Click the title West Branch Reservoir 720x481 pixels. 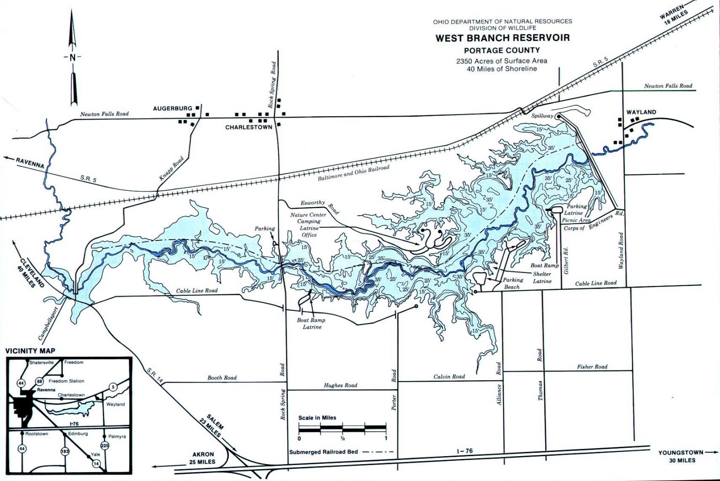tap(502, 38)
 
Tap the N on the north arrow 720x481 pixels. tap(72, 57)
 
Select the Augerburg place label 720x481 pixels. tap(172, 108)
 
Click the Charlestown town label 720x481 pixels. tap(248, 127)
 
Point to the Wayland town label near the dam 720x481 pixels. tap(641, 112)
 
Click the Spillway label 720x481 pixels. tap(542, 115)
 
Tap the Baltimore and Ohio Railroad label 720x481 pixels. tap(353, 173)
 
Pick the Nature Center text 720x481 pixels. tap(308, 215)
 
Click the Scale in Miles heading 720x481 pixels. tap(317, 418)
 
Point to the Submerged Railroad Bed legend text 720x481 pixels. tap(323, 452)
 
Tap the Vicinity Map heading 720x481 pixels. tap(30, 351)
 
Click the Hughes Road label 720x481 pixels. tap(340, 385)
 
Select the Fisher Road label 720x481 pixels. tap(592, 367)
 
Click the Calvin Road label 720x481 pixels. tap(449, 376)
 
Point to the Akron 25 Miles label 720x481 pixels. tap(203, 458)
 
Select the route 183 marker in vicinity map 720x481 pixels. tap(65, 451)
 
